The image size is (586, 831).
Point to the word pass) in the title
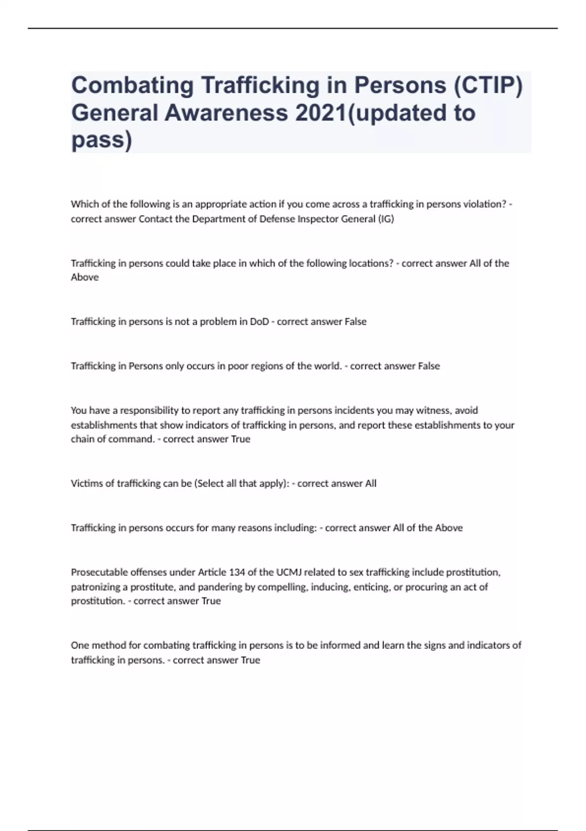pyautogui.click(x=102, y=140)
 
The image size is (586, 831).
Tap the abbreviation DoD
pyautogui.click(x=259, y=322)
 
